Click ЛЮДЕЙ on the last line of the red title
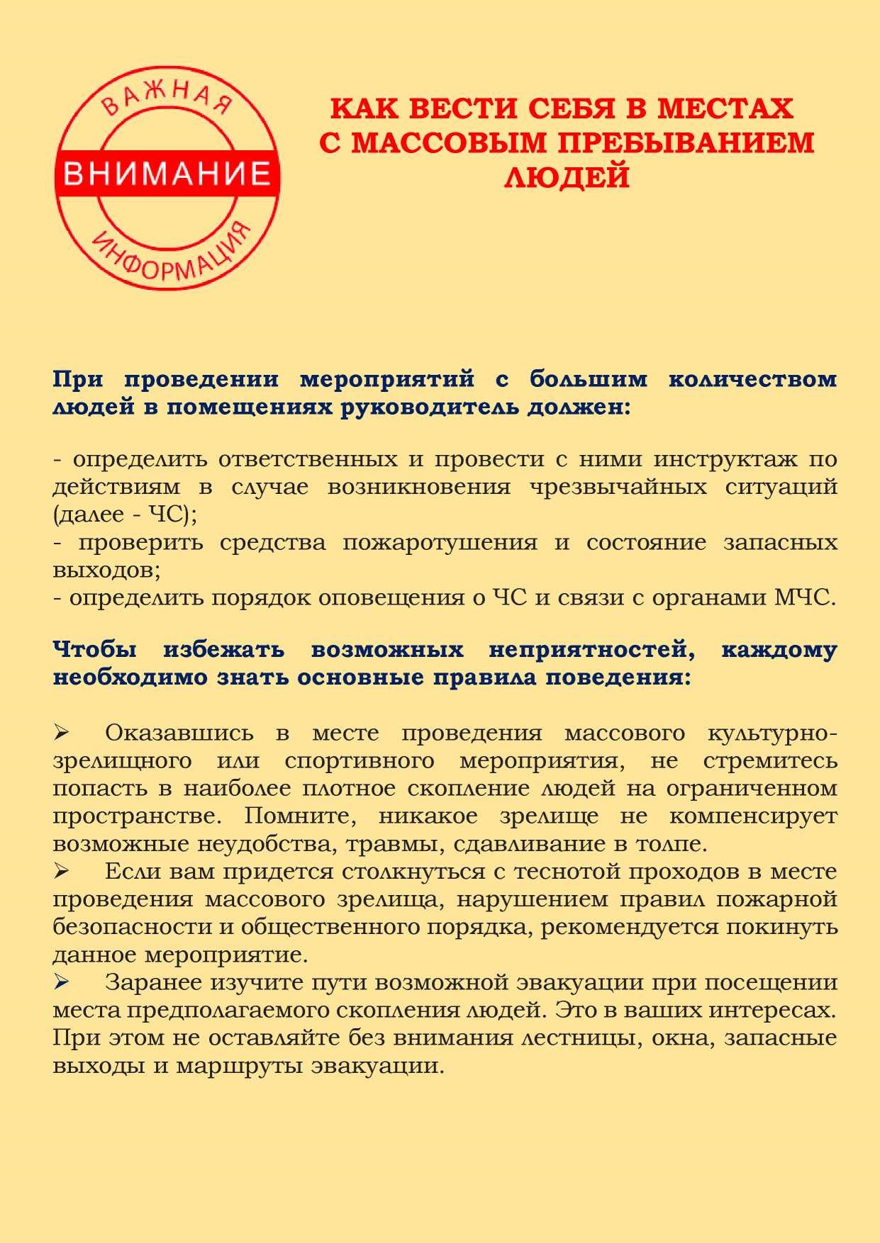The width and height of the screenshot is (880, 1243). [567, 176]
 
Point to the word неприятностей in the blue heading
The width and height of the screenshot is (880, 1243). [591, 650]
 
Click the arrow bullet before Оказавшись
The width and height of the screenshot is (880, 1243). [61, 731]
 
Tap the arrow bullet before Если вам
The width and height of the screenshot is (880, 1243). [61, 870]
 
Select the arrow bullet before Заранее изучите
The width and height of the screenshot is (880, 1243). [61, 982]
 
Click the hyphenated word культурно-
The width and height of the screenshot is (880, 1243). [772, 733]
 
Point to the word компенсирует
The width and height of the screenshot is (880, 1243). [752, 816]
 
